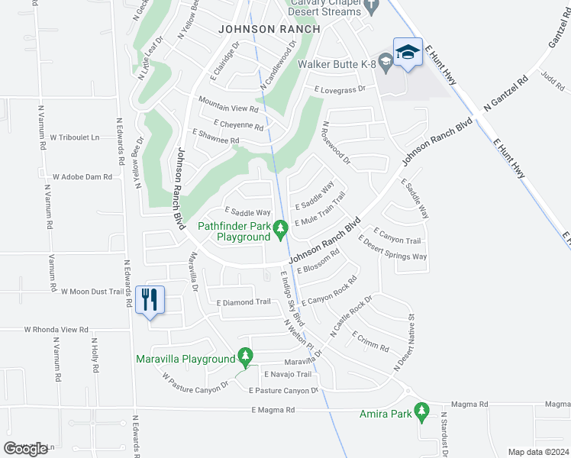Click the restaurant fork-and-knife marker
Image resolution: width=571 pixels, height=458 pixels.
click(150, 298)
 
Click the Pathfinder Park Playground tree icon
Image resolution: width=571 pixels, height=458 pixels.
click(281, 227)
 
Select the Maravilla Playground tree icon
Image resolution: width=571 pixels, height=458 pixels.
click(245, 355)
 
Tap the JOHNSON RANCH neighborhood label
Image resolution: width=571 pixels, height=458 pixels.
click(256, 30)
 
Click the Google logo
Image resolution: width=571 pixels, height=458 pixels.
click(25, 449)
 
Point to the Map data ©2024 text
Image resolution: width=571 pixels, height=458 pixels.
click(537, 452)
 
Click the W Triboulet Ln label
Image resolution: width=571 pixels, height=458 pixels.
click(76, 137)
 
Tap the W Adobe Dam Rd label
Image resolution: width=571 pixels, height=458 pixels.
click(82, 176)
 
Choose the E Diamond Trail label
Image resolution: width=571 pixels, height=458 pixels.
click(244, 302)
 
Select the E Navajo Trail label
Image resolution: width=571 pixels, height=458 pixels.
click(288, 374)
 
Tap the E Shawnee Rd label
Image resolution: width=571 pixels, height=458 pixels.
click(216, 140)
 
